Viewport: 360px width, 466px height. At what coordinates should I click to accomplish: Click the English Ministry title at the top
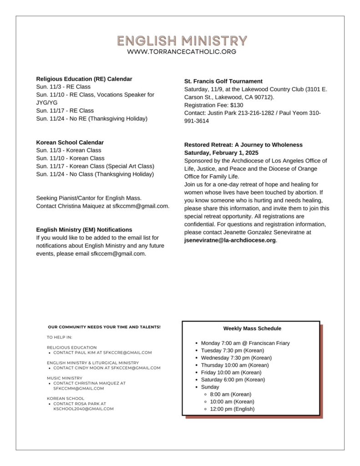pyautogui.click(x=182, y=41)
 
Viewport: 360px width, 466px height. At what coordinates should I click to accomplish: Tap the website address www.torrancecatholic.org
pyautogui.click(x=182, y=52)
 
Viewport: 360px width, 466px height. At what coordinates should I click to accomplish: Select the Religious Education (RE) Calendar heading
pyautogui.click(x=84, y=79)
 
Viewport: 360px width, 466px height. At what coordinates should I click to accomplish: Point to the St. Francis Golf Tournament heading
pyautogui.click(x=223, y=81)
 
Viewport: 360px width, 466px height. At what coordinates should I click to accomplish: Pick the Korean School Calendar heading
pyautogui.click(x=70, y=142)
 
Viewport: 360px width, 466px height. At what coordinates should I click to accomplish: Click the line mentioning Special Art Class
pyautogui.click(x=95, y=166)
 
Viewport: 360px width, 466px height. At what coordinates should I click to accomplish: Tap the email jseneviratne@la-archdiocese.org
pyautogui.click(x=230, y=240)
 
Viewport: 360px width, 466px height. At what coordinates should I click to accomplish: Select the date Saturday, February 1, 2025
pyautogui.click(x=221, y=153)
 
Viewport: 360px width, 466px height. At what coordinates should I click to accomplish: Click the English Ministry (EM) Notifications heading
pyautogui.click(x=84, y=230)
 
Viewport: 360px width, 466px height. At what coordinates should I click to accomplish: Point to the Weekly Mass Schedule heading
pyautogui.click(x=252, y=329)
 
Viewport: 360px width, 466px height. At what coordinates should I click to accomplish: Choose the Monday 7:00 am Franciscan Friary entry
pyautogui.click(x=245, y=343)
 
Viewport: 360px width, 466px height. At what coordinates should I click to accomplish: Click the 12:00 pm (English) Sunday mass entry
pyautogui.click(x=232, y=409)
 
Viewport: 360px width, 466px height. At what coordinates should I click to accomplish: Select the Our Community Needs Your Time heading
pyautogui.click(x=104, y=327)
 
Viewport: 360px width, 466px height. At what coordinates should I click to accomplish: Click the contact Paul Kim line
pyautogui.click(x=102, y=353)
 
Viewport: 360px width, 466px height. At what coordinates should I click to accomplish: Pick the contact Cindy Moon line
pyautogui.click(x=106, y=368)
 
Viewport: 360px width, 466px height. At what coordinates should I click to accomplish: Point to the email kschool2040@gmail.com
pyautogui.click(x=84, y=409)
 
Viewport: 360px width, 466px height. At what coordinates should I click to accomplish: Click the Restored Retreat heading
pyautogui.click(x=243, y=145)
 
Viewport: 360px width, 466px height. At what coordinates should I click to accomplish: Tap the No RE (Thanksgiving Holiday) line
pyautogui.click(x=92, y=119)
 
